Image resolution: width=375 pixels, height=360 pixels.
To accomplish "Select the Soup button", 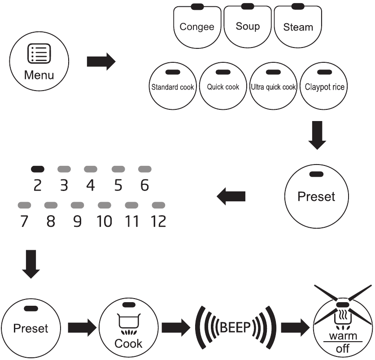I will tap(248, 26).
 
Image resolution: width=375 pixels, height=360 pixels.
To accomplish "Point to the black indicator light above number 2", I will tap(38, 169).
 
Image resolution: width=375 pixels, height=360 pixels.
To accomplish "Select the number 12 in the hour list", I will tap(158, 221).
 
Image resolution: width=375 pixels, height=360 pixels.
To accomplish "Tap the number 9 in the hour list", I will tap(78, 221).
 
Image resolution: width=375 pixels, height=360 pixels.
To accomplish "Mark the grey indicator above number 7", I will tap(24, 205).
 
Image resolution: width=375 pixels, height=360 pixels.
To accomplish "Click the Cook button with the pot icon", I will tap(128, 328).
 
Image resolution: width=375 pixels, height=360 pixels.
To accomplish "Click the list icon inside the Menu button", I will tap(39, 53).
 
